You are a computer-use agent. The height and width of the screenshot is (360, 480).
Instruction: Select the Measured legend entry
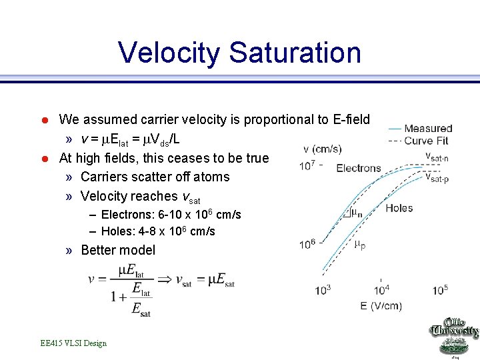[x=428, y=128]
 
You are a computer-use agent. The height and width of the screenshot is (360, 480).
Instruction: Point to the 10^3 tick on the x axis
[x=324, y=290]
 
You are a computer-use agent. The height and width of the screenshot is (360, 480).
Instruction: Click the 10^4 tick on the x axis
[x=381, y=290]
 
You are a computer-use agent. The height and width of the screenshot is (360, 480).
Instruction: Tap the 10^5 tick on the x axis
[x=440, y=290]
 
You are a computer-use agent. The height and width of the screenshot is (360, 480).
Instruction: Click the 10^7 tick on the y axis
[x=307, y=165]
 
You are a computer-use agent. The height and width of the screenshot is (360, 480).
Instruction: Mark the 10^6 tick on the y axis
[x=307, y=244]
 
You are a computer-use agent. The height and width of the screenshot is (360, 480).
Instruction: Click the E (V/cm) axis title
[x=382, y=306]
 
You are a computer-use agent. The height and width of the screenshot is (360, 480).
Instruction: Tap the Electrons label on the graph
[x=359, y=168]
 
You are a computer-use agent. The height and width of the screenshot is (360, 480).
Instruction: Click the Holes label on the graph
[x=399, y=208]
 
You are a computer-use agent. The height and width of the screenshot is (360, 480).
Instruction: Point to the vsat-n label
[x=437, y=156]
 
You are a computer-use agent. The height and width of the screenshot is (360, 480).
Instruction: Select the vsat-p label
[x=437, y=177]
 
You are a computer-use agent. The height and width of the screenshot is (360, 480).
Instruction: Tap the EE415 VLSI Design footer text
[x=73, y=343]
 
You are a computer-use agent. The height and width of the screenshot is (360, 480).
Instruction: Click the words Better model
[x=117, y=250]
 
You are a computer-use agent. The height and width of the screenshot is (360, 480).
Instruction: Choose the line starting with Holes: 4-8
[x=158, y=231]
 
